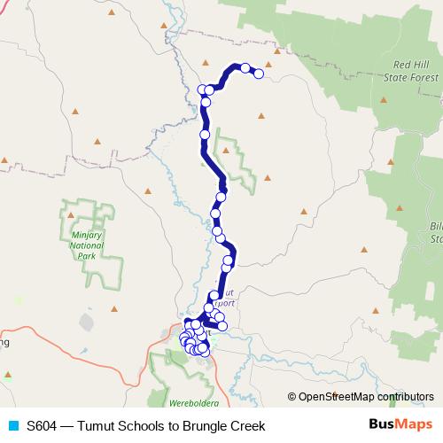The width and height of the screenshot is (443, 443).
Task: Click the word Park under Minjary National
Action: [x=85, y=256]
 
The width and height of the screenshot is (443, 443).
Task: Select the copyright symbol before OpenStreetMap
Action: [x=291, y=397]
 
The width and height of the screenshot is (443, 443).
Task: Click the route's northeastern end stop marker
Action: [x=260, y=74]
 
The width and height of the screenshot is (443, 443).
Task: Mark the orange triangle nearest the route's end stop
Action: [x=268, y=64]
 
